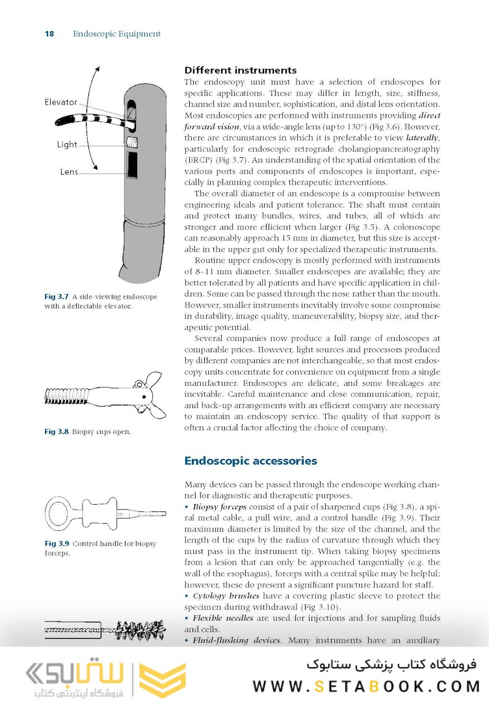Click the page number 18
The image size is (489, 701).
(49, 34)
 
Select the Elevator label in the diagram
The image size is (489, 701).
(60, 102)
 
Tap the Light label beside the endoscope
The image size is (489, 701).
(67, 145)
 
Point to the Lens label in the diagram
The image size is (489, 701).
(69, 172)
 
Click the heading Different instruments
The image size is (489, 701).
(240, 70)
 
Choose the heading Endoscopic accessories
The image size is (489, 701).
(250, 461)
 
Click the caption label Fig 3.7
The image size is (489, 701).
(57, 297)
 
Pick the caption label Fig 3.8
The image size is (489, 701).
(57, 432)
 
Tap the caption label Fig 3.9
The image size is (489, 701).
(57, 543)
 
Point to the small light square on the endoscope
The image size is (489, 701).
(132, 142)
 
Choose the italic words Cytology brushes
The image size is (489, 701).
(226, 596)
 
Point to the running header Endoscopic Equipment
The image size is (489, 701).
(116, 34)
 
